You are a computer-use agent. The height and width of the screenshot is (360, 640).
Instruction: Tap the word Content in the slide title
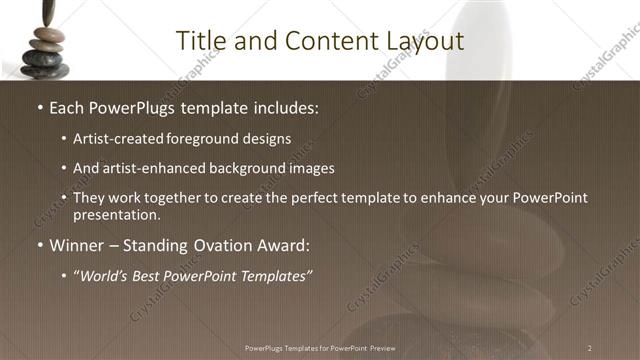tap(321, 41)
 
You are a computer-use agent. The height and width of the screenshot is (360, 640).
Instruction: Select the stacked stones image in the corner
tap(45, 40)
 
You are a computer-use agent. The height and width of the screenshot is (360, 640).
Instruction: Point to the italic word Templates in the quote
tap(275, 275)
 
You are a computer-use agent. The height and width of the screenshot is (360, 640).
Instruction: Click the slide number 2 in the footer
tap(589, 347)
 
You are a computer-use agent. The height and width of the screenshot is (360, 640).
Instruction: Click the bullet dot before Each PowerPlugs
tap(39, 107)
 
